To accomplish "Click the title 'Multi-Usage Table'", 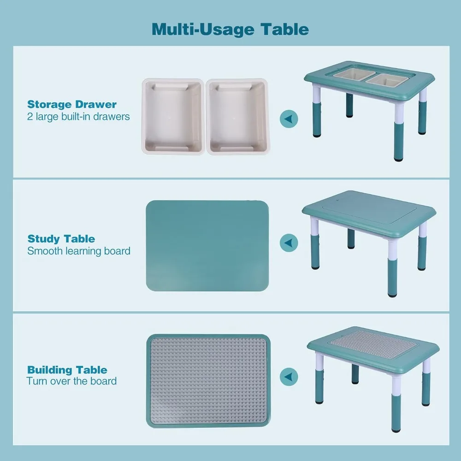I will [x=230, y=29].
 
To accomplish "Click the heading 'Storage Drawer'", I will [x=72, y=104].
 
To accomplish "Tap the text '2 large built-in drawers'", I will [x=78, y=117].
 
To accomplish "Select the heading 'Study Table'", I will [x=61, y=239].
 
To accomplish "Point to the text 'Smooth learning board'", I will [x=79, y=251].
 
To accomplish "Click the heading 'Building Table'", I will [x=67, y=370].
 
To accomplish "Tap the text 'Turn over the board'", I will [x=71, y=381].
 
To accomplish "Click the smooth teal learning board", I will [x=207, y=246].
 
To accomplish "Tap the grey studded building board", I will [x=207, y=380].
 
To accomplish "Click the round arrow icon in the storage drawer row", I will [x=289, y=119].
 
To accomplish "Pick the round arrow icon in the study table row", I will [x=289, y=242].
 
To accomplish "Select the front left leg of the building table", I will [x=318, y=378].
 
